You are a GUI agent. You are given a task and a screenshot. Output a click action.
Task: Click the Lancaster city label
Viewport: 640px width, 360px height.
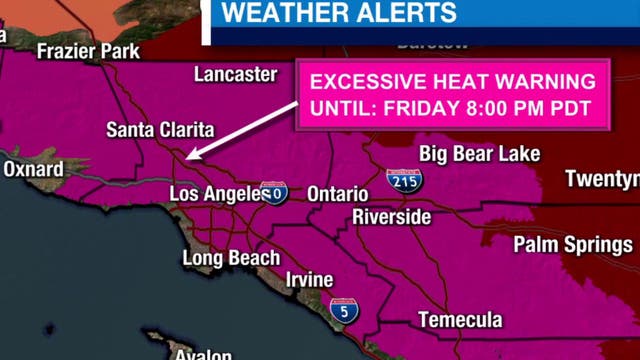235,75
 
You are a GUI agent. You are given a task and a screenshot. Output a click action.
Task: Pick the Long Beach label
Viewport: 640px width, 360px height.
231,258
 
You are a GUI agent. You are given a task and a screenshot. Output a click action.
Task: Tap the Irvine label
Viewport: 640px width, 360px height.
309,280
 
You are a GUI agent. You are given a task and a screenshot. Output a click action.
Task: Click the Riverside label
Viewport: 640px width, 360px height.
391,217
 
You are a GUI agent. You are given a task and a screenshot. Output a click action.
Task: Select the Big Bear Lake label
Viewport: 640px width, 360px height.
480,154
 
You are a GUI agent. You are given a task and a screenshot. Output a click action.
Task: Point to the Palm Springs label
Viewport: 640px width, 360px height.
573,244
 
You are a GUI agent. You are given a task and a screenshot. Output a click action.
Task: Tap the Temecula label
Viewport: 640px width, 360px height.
460,320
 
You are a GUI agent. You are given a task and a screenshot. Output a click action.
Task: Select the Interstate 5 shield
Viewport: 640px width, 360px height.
344,310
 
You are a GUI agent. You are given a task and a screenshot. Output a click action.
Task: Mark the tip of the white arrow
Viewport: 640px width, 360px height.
186,157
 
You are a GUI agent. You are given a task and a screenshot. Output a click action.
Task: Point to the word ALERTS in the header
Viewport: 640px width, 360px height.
406,13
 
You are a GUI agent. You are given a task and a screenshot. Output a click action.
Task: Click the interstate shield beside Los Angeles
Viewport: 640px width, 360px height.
272,192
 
